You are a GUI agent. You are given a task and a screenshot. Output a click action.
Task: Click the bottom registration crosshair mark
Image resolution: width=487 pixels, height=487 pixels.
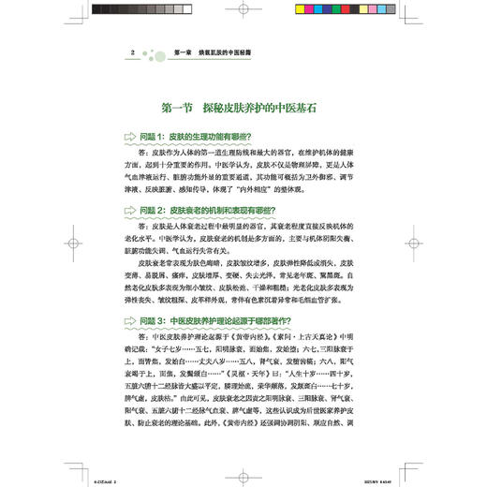(242, 476)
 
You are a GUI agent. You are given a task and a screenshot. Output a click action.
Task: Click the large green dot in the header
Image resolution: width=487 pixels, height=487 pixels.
(147, 52)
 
